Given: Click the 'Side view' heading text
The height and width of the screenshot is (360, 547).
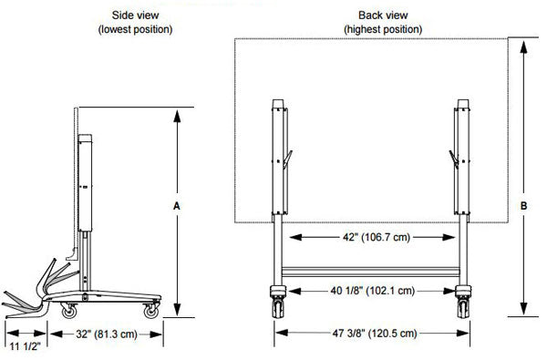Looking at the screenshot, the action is (x=135, y=15).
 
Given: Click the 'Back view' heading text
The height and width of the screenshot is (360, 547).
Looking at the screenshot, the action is (x=383, y=15).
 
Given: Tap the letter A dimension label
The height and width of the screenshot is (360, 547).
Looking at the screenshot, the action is (x=177, y=206).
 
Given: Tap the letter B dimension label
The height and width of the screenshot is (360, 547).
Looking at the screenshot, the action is (x=523, y=206).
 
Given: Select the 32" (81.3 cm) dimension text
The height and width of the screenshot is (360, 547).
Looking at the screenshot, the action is (x=107, y=334).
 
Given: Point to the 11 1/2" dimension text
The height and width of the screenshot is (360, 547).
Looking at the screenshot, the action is (x=26, y=346).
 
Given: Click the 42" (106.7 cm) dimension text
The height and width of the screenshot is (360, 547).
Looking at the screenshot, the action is (x=377, y=237).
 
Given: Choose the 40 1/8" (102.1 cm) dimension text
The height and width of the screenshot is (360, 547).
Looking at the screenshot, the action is (x=373, y=291).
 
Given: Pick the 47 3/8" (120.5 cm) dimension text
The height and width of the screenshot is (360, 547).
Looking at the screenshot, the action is (x=375, y=334).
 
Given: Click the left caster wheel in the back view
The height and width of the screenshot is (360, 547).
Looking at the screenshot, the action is (x=278, y=308).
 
